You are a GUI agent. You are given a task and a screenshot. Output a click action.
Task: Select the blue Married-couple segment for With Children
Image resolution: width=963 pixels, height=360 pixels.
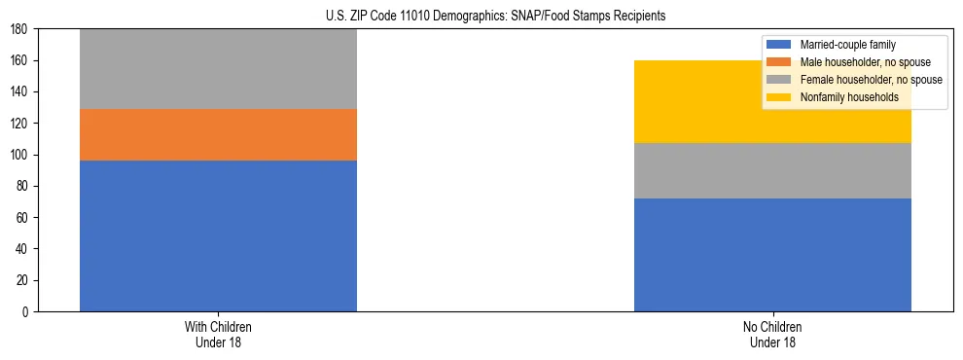(218, 235)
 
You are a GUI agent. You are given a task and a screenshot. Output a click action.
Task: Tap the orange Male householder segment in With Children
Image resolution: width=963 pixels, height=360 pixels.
(218, 134)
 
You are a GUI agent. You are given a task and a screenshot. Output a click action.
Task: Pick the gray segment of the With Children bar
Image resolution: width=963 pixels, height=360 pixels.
(218, 69)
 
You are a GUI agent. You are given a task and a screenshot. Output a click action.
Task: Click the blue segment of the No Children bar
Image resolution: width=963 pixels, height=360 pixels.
(772, 255)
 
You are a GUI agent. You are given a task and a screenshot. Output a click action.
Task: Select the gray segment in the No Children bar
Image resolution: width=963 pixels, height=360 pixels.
(772, 170)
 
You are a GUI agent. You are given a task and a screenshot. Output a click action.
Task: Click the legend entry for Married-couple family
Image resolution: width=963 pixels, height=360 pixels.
(847, 45)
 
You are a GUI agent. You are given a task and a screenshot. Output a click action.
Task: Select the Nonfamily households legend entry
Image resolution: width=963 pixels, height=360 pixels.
(842, 97)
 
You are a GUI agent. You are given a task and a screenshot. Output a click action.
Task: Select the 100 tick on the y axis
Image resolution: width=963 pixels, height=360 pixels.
(22, 155)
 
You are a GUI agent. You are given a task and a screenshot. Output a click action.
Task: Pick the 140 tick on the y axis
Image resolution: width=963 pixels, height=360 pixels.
(22, 92)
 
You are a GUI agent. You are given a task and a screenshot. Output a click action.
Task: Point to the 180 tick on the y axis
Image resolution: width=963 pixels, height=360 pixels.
(22, 29)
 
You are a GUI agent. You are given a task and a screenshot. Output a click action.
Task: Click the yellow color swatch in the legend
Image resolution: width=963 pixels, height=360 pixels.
(779, 97)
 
